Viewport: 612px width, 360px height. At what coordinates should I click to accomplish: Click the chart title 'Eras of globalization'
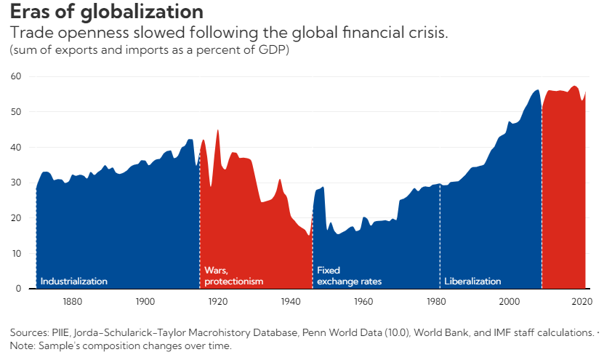pyautogui.click(x=107, y=12)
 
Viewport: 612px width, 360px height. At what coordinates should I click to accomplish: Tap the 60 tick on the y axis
pyautogui.click(x=16, y=76)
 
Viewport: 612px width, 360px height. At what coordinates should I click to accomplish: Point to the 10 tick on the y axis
pyautogui.click(x=17, y=253)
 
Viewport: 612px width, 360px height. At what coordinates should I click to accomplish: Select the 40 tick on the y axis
pyautogui.click(x=16, y=147)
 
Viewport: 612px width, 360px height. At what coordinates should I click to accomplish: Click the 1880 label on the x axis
pyautogui.click(x=73, y=301)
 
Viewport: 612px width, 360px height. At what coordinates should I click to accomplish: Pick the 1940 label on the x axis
pyautogui.click(x=291, y=301)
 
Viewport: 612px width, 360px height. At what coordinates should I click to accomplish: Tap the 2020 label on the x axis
pyautogui.click(x=582, y=301)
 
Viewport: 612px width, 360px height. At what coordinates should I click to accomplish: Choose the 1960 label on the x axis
pyautogui.click(x=363, y=301)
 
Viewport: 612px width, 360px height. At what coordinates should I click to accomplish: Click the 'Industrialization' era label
pyautogui.click(x=73, y=281)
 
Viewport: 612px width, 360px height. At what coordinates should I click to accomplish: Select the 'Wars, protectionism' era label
pyautogui.click(x=234, y=276)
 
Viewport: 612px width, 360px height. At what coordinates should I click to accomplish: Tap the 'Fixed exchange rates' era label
pyautogui.click(x=350, y=276)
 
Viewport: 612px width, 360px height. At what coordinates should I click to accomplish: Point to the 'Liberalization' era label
pyautogui.click(x=472, y=281)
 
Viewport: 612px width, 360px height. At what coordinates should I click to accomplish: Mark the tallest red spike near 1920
pyautogui.click(x=218, y=131)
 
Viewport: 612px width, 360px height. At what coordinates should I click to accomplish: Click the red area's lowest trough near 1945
pyautogui.click(x=309, y=235)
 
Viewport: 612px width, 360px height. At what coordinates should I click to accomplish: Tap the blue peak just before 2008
pyautogui.click(x=537, y=91)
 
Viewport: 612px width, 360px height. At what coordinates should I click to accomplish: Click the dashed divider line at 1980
pyautogui.click(x=440, y=236)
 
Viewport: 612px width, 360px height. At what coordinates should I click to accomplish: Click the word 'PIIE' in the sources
pyautogui.click(x=60, y=332)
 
